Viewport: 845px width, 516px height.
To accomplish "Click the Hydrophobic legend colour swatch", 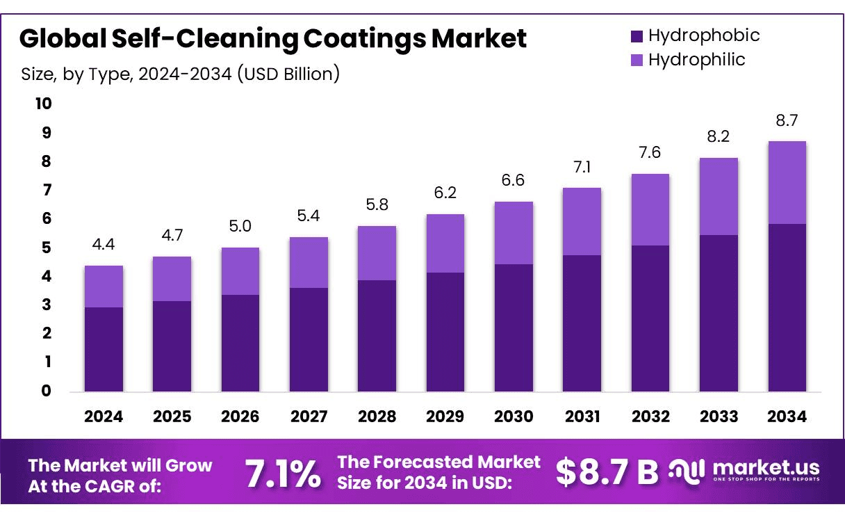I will tap(637, 36).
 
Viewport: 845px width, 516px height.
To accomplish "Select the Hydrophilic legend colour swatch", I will tap(637, 61).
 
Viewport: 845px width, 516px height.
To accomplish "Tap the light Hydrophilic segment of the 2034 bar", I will tap(787, 182).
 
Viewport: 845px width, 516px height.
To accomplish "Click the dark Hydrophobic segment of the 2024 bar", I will tap(104, 349).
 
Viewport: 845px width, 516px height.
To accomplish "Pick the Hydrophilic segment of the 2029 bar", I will tap(445, 243).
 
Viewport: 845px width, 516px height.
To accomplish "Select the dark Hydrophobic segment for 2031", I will tap(582, 323).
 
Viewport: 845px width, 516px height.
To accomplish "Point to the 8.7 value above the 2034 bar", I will tap(787, 121).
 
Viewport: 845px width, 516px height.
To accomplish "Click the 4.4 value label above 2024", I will tap(104, 245).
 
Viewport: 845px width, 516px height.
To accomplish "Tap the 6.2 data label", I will tap(445, 193).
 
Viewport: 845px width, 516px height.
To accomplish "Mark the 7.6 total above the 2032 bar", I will tap(650, 153).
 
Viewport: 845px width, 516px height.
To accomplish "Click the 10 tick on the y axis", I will tap(43, 104).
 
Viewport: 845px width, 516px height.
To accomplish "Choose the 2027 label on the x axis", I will tap(309, 417).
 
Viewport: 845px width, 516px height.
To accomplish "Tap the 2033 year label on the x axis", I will tap(719, 417).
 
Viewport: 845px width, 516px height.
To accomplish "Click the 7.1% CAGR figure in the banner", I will tap(283, 474).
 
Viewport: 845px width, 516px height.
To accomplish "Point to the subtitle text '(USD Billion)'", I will tap(288, 74).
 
